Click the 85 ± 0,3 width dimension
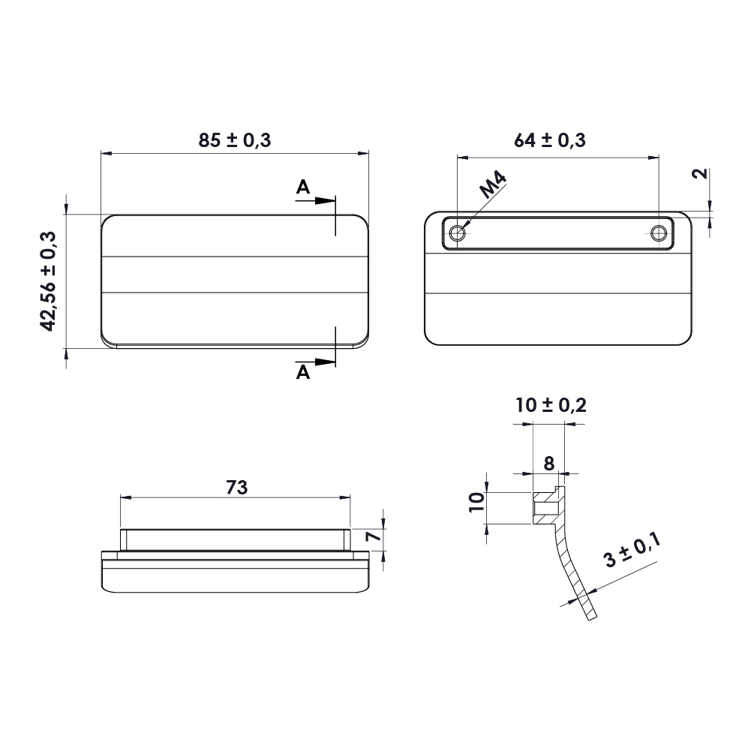click(x=235, y=140)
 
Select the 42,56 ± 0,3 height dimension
click(x=48, y=281)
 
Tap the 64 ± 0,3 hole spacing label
click(x=549, y=140)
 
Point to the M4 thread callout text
click(x=494, y=185)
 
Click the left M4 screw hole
click(x=458, y=233)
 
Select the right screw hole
click(x=659, y=233)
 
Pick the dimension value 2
click(x=701, y=173)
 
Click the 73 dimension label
click(x=236, y=488)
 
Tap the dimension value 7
click(x=373, y=536)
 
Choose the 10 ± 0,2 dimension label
click(x=551, y=405)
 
